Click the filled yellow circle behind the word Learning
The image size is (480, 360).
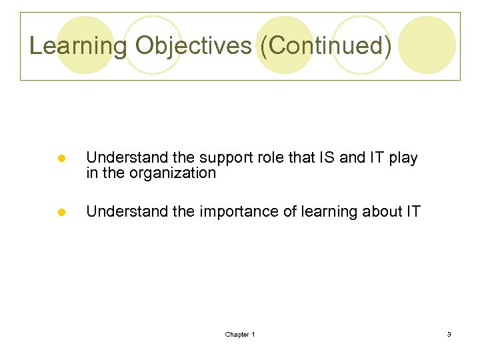tap(85, 45)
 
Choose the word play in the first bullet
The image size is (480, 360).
tap(404, 159)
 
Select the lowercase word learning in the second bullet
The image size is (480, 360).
tap(317, 212)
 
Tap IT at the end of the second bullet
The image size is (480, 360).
tap(413, 212)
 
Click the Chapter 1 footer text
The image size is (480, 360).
tap(240, 334)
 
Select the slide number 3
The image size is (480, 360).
tap(449, 334)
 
